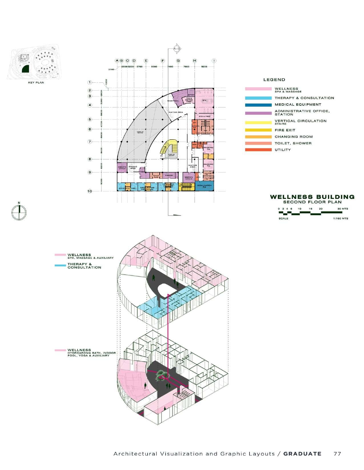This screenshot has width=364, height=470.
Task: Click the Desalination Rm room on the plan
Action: pos(204,186)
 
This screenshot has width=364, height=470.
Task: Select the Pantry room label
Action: pos(168,175)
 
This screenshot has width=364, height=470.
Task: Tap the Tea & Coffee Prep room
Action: pos(189,99)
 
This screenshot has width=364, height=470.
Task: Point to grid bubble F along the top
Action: pos(163,61)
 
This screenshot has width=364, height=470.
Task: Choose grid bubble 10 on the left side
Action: pos(90,191)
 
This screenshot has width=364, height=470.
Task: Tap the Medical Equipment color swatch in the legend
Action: pos(258,105)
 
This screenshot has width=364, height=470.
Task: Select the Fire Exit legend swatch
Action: pos(258,130)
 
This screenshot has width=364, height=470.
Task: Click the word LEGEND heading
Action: pos(274,80)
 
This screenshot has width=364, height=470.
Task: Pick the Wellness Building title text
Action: pos(312,197)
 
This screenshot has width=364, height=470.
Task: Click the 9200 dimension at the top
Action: pos(204,67)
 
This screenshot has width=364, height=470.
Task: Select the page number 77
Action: pos(337,454)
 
